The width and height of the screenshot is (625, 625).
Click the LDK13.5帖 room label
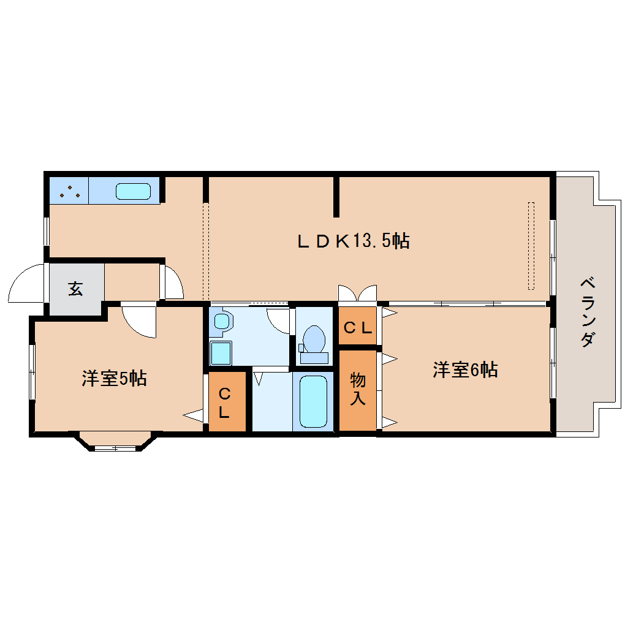click(x=353, y=241)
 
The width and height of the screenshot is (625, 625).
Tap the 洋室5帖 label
click(x=114, y=378)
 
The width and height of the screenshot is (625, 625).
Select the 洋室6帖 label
click(x=465, y=369)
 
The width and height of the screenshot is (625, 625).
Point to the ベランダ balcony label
click(x=586, y=312)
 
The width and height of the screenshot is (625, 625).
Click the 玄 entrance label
click(x=75, y=288)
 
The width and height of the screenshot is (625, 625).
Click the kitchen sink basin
click(x=134, y=191)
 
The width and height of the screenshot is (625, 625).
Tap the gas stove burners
click(x=69, y=191)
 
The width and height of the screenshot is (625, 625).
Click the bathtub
click(x=312, y=401)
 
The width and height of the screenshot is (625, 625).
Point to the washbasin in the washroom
click(x=222, y=321)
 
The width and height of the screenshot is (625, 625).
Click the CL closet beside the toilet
click(x=357, y=328)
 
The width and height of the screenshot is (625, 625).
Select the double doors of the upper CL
click(x=357, y=294)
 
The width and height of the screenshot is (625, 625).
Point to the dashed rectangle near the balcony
click(x=531, y=245)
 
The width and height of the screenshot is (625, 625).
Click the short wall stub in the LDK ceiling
click(x=336, y=196)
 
